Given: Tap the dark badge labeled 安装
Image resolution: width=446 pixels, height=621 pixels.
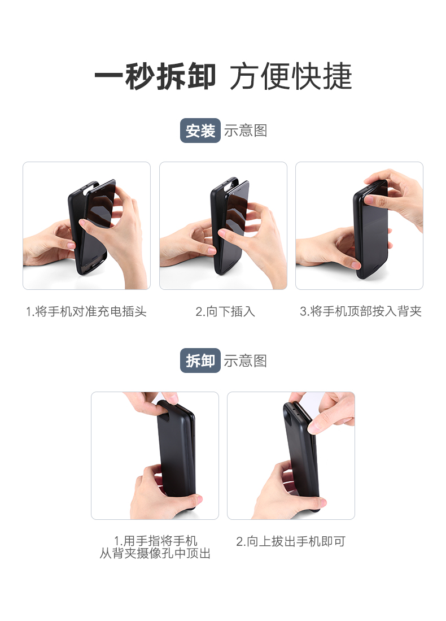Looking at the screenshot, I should pyautogui.click(x=200, y=131).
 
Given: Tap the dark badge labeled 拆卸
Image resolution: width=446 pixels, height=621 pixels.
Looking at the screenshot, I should pyautogui.click(x=200, y=361).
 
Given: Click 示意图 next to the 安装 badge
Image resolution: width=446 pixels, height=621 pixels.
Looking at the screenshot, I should pyautogui.click(x=246, y=131).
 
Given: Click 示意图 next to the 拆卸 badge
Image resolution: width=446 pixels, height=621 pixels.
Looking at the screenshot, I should pyautogui.click(x=246, y=361).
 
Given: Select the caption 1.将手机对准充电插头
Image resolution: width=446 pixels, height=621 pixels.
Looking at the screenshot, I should pyautogui.click(x=86, y=311).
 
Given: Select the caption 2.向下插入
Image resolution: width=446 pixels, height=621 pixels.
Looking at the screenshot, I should pyautogui.click(x=225, y=311).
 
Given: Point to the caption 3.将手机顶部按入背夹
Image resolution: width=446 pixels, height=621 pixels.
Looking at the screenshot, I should pyautogui.click(x=360, y=311).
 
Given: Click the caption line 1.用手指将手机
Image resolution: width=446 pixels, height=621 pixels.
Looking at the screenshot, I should pyautogui.click(x=155, y=541).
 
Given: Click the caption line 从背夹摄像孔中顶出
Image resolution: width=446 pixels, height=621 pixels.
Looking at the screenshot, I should pyautogui.click(x=155, y=554).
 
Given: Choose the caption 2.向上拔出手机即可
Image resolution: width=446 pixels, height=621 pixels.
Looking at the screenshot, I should pyautogui.click(x=290, y=541).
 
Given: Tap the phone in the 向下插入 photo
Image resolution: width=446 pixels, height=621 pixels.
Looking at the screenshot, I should pyautogui.click(x=231, y=226).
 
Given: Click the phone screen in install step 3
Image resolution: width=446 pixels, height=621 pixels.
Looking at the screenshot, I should pyautogui.click(x=373, y=232).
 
